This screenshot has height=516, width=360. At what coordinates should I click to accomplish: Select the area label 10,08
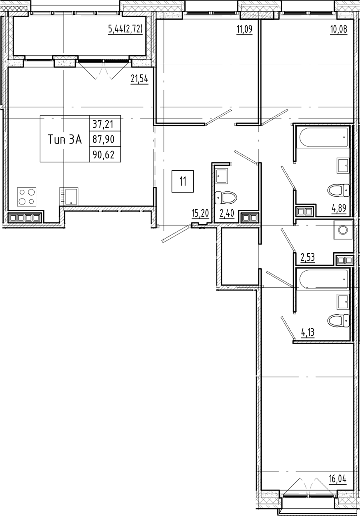coord(339,30)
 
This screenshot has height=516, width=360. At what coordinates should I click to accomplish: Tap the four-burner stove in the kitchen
coord(27,197)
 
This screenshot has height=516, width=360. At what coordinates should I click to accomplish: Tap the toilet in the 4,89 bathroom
coord(338,191)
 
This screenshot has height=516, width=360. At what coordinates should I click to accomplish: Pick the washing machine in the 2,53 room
coord(343,230)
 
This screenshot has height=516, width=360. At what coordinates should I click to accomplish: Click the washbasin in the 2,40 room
coord(223,176)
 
